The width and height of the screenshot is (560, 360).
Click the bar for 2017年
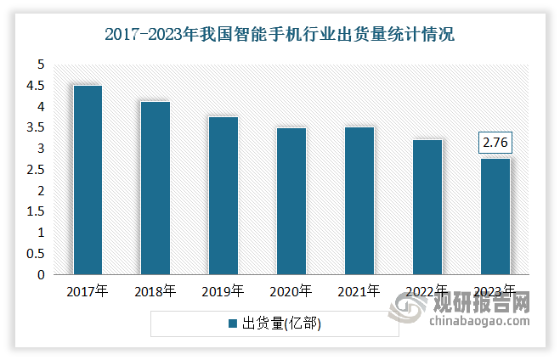point(88,180)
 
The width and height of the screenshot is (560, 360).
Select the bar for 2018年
point(156,188)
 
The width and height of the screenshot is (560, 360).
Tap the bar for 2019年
point(223,196)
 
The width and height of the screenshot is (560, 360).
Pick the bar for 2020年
point(291,201)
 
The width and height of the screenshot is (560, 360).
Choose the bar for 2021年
point(359,201)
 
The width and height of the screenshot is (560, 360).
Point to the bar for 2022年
point(427,207)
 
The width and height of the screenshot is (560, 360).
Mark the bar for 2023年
point(495,217)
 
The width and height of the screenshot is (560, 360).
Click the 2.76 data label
point(495,143)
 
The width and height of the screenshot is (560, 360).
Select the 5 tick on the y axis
point(40,65)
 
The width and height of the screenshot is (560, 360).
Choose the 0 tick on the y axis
point(40,275)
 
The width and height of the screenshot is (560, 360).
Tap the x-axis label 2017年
point(88,291)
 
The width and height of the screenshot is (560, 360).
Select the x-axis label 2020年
point(291,291)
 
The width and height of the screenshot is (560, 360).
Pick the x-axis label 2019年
point(223,291)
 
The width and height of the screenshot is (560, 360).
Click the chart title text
point(280,35)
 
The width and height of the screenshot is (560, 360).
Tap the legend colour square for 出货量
point(232,323)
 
